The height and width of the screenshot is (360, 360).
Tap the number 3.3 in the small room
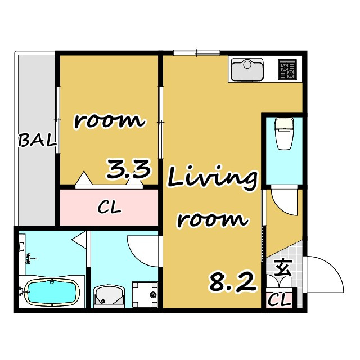pyautogui.click(x=129, y=169)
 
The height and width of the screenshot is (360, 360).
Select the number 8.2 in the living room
pyautogui.click(x=232, y=281)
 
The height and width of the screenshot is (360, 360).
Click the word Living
pyautogui.click(x=213, y=179)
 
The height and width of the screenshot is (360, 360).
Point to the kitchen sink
pyautogui.click(x=247, y=69)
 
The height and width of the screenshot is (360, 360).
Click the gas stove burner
pyautogui.click(x=287, y=70)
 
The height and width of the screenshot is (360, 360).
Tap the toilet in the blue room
pyautogui.click(x=285, y=134)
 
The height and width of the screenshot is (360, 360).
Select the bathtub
pyautogui.click(x=52, y=291)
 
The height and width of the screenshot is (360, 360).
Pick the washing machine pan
pyautogui.click(x=145, y=295)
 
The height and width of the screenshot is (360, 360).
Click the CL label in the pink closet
pyautogui.click(x=109, y=208)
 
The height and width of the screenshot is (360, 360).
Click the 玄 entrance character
pyautogui.click(x=283, y=268)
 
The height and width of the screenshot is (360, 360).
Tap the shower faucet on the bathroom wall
pyautogui.click(x=31, y=258)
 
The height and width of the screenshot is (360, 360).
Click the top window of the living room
pyautogui.click(x=197, y=53)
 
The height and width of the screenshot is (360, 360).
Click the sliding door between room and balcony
pyautogui.click(x=57, y=120)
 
